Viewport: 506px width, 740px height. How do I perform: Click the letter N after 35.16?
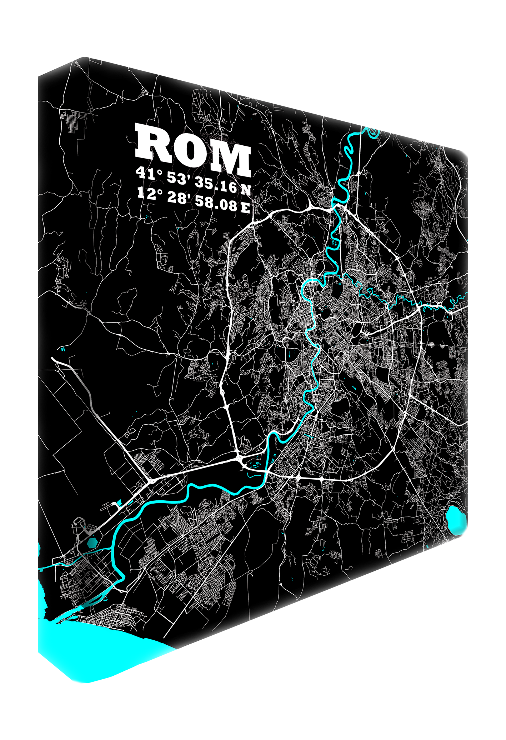click(246, 189)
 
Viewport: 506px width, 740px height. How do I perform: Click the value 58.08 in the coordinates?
click(216, 203)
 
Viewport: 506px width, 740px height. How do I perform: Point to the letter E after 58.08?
click(245, 208)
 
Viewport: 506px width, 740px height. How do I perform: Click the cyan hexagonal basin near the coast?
click(92, 542)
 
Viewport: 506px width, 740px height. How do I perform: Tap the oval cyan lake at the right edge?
click(456, 520)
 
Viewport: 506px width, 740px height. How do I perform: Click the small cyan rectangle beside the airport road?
click(119, 503)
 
